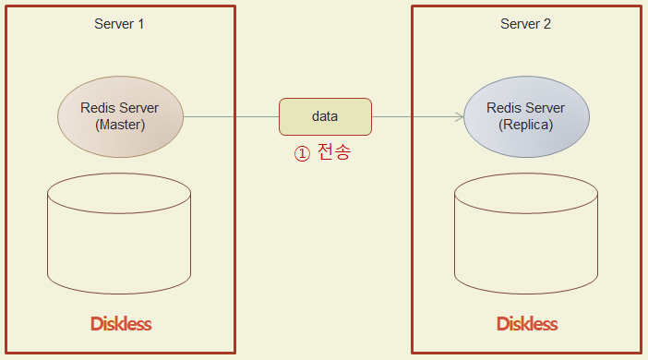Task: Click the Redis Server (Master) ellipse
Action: pos(120,116)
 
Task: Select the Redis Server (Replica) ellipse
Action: pos(526,116)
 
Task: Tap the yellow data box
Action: pos(325,116)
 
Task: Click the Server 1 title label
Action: pos(119,24)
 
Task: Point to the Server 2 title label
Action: pos(525,24)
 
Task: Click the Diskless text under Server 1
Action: pos(121,324)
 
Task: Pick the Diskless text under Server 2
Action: pos(527,324)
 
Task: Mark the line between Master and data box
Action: pos(231,117)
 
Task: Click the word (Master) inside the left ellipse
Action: pos(120,125)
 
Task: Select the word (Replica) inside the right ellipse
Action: pos(526,125)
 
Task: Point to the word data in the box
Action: pos(325,116)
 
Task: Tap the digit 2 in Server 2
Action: pos(547,24)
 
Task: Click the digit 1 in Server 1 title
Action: pos(141,24)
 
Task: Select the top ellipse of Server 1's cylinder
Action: pos(119,195)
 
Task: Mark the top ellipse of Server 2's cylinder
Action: pos(526,195)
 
